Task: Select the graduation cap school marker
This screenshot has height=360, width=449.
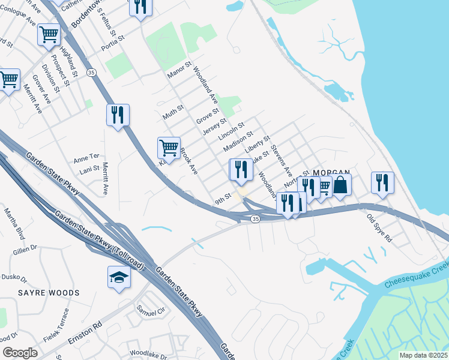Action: click(119, 277)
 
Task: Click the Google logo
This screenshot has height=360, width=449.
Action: click(20, 352)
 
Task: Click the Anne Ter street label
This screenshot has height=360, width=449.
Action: click(85, 160)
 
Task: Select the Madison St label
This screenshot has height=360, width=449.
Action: click(235, 144)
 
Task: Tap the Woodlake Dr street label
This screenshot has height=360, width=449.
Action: click(148, 354)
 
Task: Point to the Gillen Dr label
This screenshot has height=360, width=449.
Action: click(25, 248)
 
